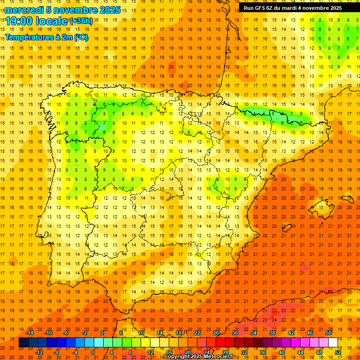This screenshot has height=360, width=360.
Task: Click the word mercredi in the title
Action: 23,10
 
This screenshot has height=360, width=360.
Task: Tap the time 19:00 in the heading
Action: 21,21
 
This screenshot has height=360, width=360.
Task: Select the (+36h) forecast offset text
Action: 81,21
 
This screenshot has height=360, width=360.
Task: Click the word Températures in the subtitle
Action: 29,37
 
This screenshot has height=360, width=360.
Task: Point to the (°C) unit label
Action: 80,37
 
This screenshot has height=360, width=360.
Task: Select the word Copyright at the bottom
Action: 178,357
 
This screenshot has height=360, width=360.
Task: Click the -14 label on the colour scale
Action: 30,333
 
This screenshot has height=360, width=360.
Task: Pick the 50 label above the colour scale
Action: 329,333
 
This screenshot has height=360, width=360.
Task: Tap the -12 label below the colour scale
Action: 39,352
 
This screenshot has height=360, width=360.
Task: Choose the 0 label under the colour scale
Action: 93,352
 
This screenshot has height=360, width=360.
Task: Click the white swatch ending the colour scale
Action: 333,343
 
